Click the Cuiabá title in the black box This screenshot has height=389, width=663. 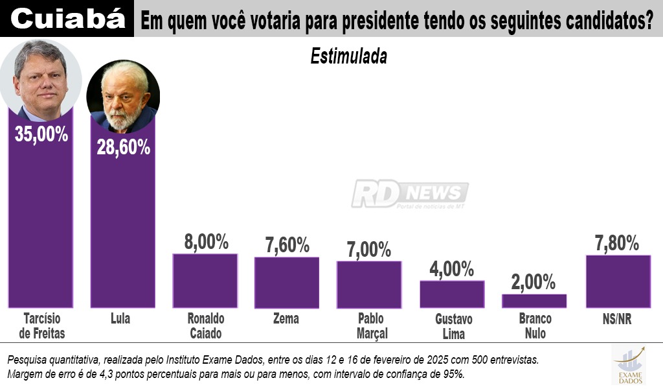click(68, 19)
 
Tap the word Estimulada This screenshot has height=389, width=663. click(348, 56)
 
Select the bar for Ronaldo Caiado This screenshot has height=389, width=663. click(205, 280)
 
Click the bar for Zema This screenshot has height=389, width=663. click(287, 282)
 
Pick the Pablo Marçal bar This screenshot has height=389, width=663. click(369, 284)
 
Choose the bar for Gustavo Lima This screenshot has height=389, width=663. click(452, 294)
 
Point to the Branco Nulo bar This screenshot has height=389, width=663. click(534, 301)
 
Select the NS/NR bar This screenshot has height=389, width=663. click(618, 281)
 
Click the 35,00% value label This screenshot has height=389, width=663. click(41, 135)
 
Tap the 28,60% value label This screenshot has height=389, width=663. click(123, 147)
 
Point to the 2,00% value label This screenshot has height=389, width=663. click(534, 282)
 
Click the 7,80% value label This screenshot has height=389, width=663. click(617, 243)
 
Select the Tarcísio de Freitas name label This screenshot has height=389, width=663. click(42, 326)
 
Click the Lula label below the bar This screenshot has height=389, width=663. click(120, 319)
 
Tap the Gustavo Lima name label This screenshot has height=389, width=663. click(454, 327)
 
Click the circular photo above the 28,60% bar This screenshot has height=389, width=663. click(123, 97)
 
